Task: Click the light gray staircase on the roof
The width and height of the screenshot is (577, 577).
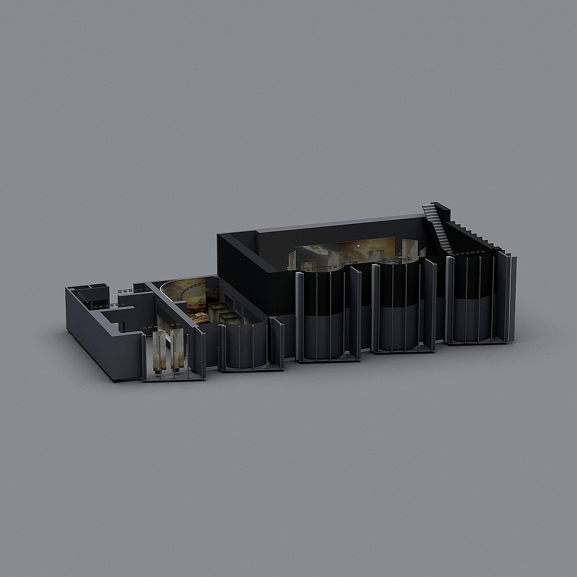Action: tap(437, 227)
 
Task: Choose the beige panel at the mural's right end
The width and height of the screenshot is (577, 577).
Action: tap(409, 249)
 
